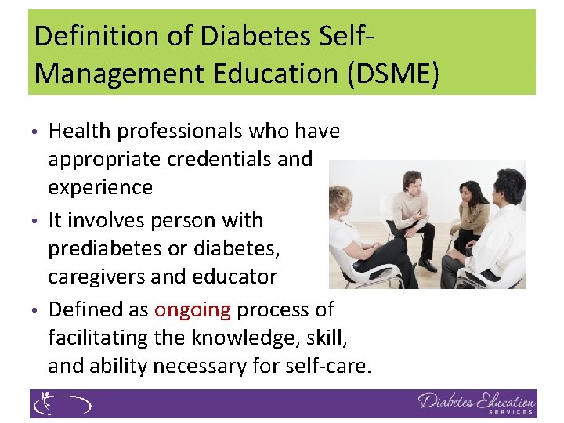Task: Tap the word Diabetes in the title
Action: coord(237,36)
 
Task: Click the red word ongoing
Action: coord(192,309)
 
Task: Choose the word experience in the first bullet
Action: coord(100,187)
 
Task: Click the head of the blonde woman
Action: coord(342,199)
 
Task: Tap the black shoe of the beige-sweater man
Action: coord(427,266)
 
